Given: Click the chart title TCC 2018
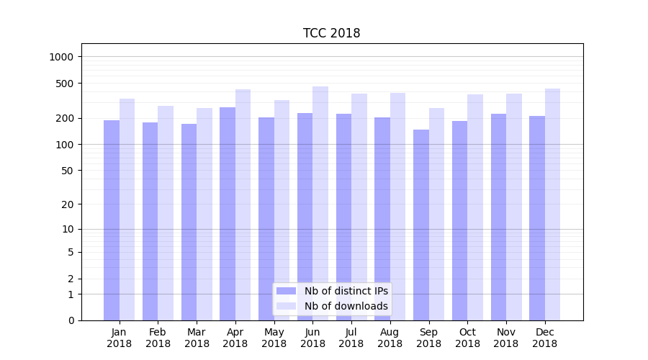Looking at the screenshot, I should (x=331, y=33).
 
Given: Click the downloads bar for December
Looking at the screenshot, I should (x=552, y=204).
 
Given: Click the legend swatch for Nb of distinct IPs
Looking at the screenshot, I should (x=286, y=291).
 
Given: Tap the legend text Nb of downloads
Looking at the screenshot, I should (x=346, y=306).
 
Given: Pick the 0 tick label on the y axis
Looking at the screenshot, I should (x=71, y=320).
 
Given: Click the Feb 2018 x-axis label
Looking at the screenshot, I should (x=158, y=338).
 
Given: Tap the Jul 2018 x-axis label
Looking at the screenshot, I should (x=351, y=338).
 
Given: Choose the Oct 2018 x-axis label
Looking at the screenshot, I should (x=467, y=338).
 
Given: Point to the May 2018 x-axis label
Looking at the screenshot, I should (x=274, y=338).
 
